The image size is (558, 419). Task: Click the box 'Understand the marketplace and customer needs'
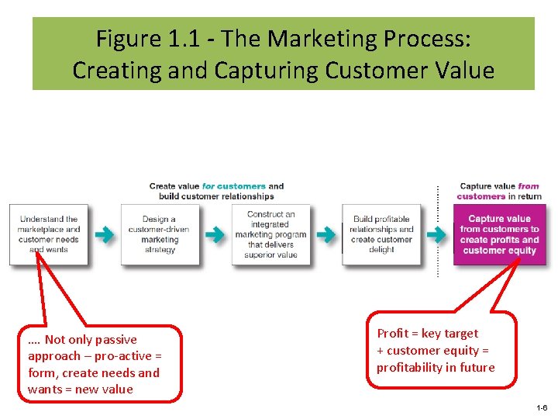(x=49, y=234)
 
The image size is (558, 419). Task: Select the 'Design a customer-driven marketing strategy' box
(x=160, y=234)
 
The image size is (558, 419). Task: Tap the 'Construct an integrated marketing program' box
(x=270, y=234)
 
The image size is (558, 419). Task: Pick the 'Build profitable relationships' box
(x=382, y=234)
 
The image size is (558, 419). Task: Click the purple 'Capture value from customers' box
(x=499, y=234)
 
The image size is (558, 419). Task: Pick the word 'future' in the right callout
(x=474, y=368)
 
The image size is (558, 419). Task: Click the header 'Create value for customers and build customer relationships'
(x=216, y=191)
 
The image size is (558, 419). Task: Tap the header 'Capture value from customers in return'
(x=499, y=191)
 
